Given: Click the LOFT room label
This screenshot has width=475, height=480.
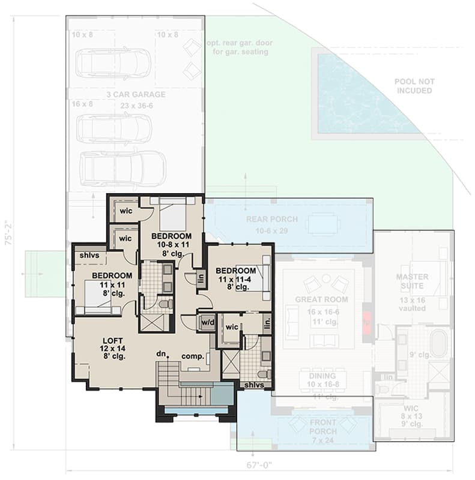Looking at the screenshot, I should (x=109, y=340).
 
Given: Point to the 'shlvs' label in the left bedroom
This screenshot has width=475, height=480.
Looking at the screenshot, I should (x=89, y=256).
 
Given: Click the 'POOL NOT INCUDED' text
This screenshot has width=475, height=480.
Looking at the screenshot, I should (x=414, y=86).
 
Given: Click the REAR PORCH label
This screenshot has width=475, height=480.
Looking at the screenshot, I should (x=271, y=220).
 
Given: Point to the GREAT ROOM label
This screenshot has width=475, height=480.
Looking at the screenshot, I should (x=321, y=299).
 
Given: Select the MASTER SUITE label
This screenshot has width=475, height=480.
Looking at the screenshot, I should (x=412, y=281).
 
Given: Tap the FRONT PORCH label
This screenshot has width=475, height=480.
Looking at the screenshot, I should (x=322, y=427).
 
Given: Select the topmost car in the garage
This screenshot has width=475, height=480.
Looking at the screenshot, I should (x=113, y=63).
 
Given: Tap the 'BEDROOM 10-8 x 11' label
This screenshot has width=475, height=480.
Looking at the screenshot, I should (x=171, y=241).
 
